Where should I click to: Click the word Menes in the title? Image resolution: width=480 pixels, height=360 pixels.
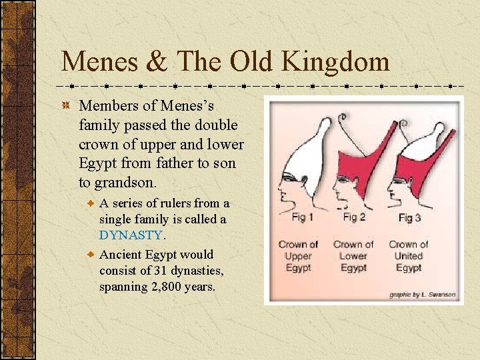(101, 62)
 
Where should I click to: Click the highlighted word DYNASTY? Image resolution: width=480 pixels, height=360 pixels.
(131, 235)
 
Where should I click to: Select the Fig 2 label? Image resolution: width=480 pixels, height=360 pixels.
(354, 217)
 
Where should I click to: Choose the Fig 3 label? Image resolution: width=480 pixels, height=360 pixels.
(409, 217)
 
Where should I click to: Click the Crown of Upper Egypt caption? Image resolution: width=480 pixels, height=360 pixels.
(298, 256)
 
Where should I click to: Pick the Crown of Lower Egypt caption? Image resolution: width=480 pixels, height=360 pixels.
(353, 256)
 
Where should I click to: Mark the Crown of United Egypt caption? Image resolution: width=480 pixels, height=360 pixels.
(409, 256)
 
